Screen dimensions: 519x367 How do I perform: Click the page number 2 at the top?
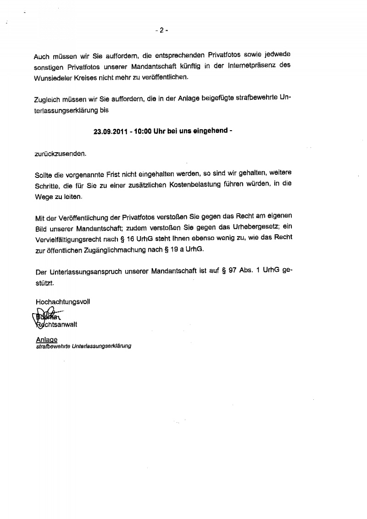pyautogui.click(x=161, y=30)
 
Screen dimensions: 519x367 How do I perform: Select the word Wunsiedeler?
pyautogui.click(x=54, y=77)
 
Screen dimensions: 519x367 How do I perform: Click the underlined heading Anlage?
pyautogui.click(x=46, y=340)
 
